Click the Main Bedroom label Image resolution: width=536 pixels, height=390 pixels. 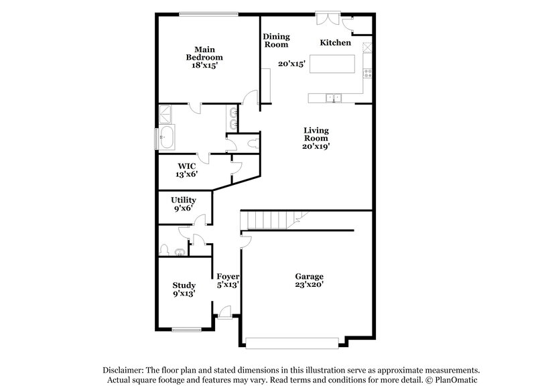204,54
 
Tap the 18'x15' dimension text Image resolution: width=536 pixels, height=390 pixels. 204,66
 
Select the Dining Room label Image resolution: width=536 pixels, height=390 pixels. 275,40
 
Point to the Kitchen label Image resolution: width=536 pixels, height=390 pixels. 335,42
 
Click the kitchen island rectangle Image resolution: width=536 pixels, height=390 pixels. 333,64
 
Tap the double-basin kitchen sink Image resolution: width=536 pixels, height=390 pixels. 333,99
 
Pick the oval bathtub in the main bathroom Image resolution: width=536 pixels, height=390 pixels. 167,139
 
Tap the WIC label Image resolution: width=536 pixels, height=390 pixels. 186,165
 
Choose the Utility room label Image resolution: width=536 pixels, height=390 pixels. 183,200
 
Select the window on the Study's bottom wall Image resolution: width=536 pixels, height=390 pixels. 186,329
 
